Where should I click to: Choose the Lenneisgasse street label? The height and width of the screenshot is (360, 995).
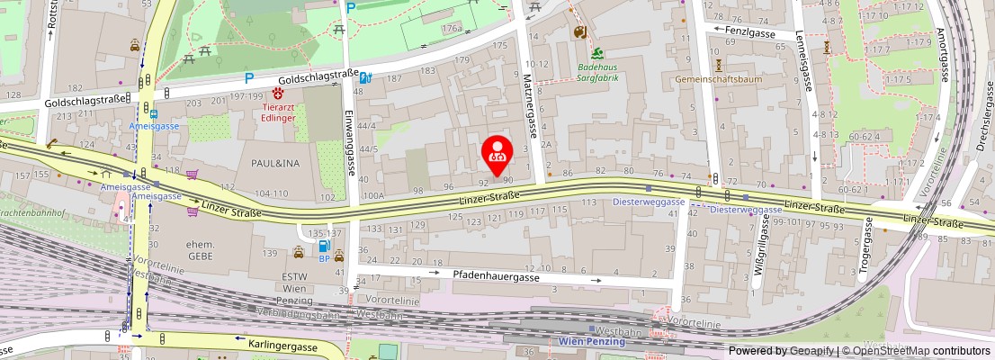[800, 73]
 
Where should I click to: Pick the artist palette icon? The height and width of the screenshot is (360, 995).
[579, 32]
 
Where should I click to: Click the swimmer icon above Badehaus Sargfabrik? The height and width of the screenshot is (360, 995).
[596, 53]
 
